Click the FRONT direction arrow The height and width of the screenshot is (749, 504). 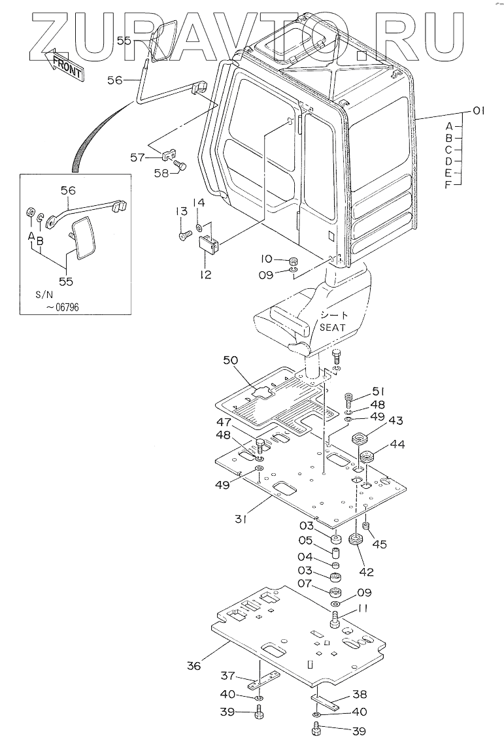(x=64, y=63)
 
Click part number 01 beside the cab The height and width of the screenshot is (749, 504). (x=478, y=111)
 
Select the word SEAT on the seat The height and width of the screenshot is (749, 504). (x=332, y=327)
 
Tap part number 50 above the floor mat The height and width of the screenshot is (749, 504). (x=231, y=361)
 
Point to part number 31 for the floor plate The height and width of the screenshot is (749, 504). (x=241, y=519)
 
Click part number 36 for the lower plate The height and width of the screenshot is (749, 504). (x=194, y=665)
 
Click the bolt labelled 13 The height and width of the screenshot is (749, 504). (x=185, y=235)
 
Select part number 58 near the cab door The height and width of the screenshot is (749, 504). (x=161, y=173)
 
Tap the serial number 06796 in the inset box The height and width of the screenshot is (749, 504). (x=65, y=307)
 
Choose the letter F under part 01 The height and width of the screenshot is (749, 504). (x=448, y=184)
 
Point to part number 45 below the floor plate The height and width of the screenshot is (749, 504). (x=380, y=544)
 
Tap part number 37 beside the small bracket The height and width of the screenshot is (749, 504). (x=228, y=675)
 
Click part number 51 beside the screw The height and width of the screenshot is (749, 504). (x=378, y=392)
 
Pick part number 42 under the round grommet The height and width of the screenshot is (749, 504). (x=367, y=572)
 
